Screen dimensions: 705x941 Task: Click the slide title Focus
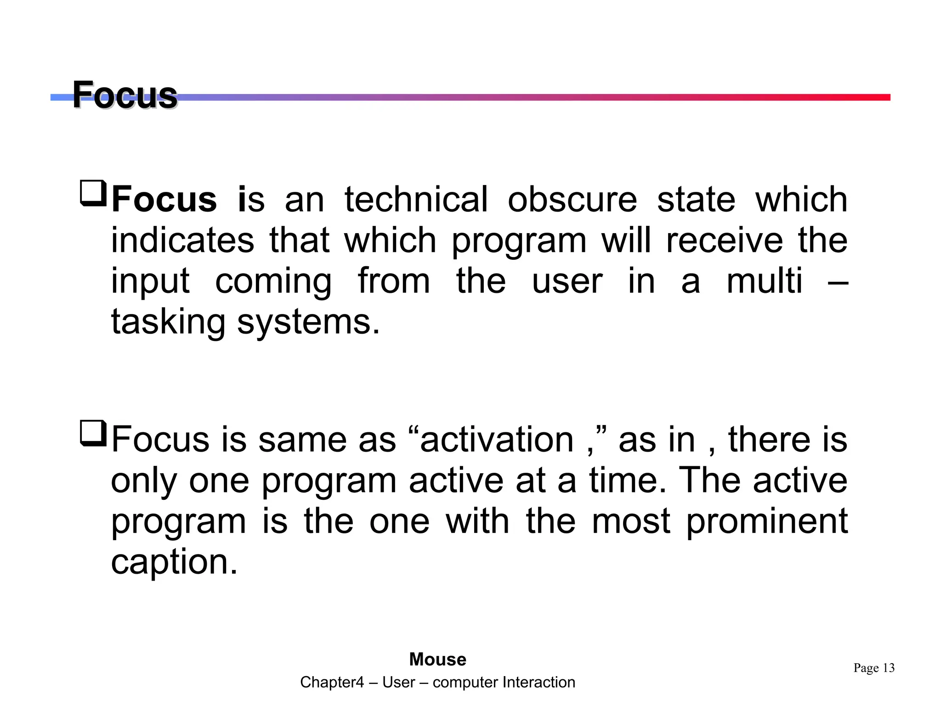(125, 95)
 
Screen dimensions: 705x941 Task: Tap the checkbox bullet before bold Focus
(93, 194)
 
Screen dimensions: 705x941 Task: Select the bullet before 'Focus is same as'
(93, 433)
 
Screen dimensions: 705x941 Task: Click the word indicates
(182, 241)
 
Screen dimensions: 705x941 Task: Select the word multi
(765, 281)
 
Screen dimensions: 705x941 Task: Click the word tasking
(168, 323)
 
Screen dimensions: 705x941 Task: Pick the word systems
(308, 323)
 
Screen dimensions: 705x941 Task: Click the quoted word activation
(497, 440)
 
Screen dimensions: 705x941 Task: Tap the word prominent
(766, 522)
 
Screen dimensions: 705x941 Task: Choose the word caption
(174, 562)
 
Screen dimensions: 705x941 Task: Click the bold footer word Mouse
(437, 660)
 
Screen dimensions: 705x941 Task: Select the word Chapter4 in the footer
(332, 683)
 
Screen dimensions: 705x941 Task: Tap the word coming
(273, 282)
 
